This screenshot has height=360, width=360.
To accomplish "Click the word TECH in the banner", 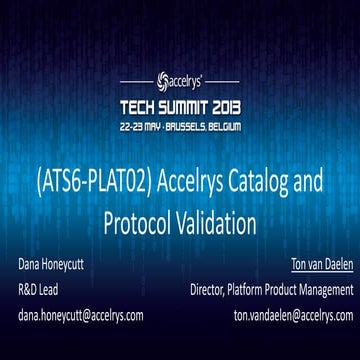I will [x=143, y=106].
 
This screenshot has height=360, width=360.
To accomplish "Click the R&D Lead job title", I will [x=39, y=290].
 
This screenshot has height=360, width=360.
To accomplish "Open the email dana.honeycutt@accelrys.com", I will [x=80, y=314].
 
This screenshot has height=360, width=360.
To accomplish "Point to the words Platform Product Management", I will [x=294, y=290].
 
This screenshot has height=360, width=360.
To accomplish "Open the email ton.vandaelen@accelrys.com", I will [x=287, y=314].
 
